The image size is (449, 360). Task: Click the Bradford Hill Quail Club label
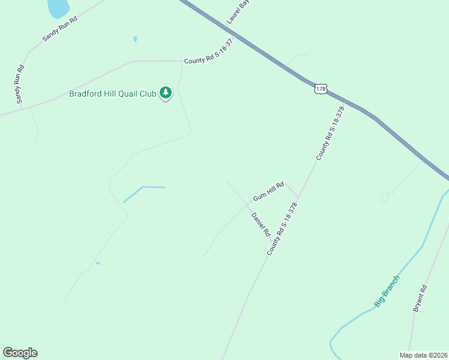(x=112, y=94)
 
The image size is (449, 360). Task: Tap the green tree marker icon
(x=166, y=93)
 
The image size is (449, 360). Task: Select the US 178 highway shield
(x=321, y=88)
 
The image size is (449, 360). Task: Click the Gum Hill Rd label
(x=268, y=191)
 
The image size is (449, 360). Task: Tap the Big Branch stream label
(x=387, y=291)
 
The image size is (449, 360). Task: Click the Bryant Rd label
(x=420, y=298)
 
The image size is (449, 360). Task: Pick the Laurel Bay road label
(x=238, y=12)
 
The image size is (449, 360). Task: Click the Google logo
(x=20, y=353)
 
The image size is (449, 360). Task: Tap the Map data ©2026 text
(x=424, y=355)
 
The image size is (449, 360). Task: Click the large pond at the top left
(x=58, y=7)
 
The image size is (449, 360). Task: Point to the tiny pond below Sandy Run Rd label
(x=135, y=39)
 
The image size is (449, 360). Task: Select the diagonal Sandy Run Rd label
(x=60, y=28)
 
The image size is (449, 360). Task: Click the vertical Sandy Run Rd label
(x=20, y=83)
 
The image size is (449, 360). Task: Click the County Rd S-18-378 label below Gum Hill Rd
(x=282, y=229)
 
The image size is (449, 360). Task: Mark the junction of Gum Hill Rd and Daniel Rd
(x=247, y=204)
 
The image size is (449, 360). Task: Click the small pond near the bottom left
(x=98, y=263)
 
